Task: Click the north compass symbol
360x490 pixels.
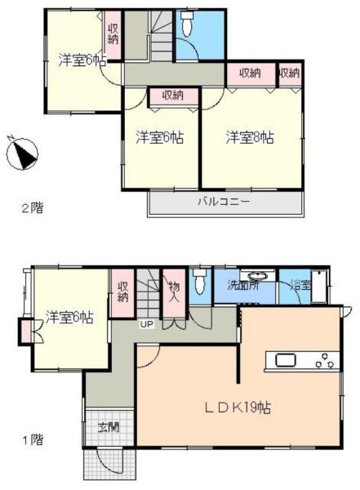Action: pos(22,154)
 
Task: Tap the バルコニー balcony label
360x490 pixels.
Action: pos(224,200)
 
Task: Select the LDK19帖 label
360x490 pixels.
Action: pos(238,408)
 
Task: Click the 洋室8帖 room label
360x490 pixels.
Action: pos(250,137)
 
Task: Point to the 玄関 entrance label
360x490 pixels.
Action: pos(109,427)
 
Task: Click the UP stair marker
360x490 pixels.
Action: pos(147,324)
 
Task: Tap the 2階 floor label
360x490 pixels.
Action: pos(32,207)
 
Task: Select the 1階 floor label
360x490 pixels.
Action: pos(33,440)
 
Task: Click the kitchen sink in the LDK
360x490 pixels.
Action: pos(286,359)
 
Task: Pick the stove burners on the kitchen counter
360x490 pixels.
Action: pos(325,360)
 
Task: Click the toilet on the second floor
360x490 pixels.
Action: pos(188,24)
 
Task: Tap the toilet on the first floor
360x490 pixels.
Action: pos(200,281)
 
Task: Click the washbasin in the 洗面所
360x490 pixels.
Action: pos(257,276)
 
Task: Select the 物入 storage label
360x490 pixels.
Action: pos(173,292)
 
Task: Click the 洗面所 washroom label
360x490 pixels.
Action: pos(242,286)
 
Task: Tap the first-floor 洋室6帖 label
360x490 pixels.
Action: pos(69,317)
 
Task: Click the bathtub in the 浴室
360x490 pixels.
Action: pos(319,287)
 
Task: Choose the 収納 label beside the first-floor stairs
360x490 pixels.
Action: pos(122,292)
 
